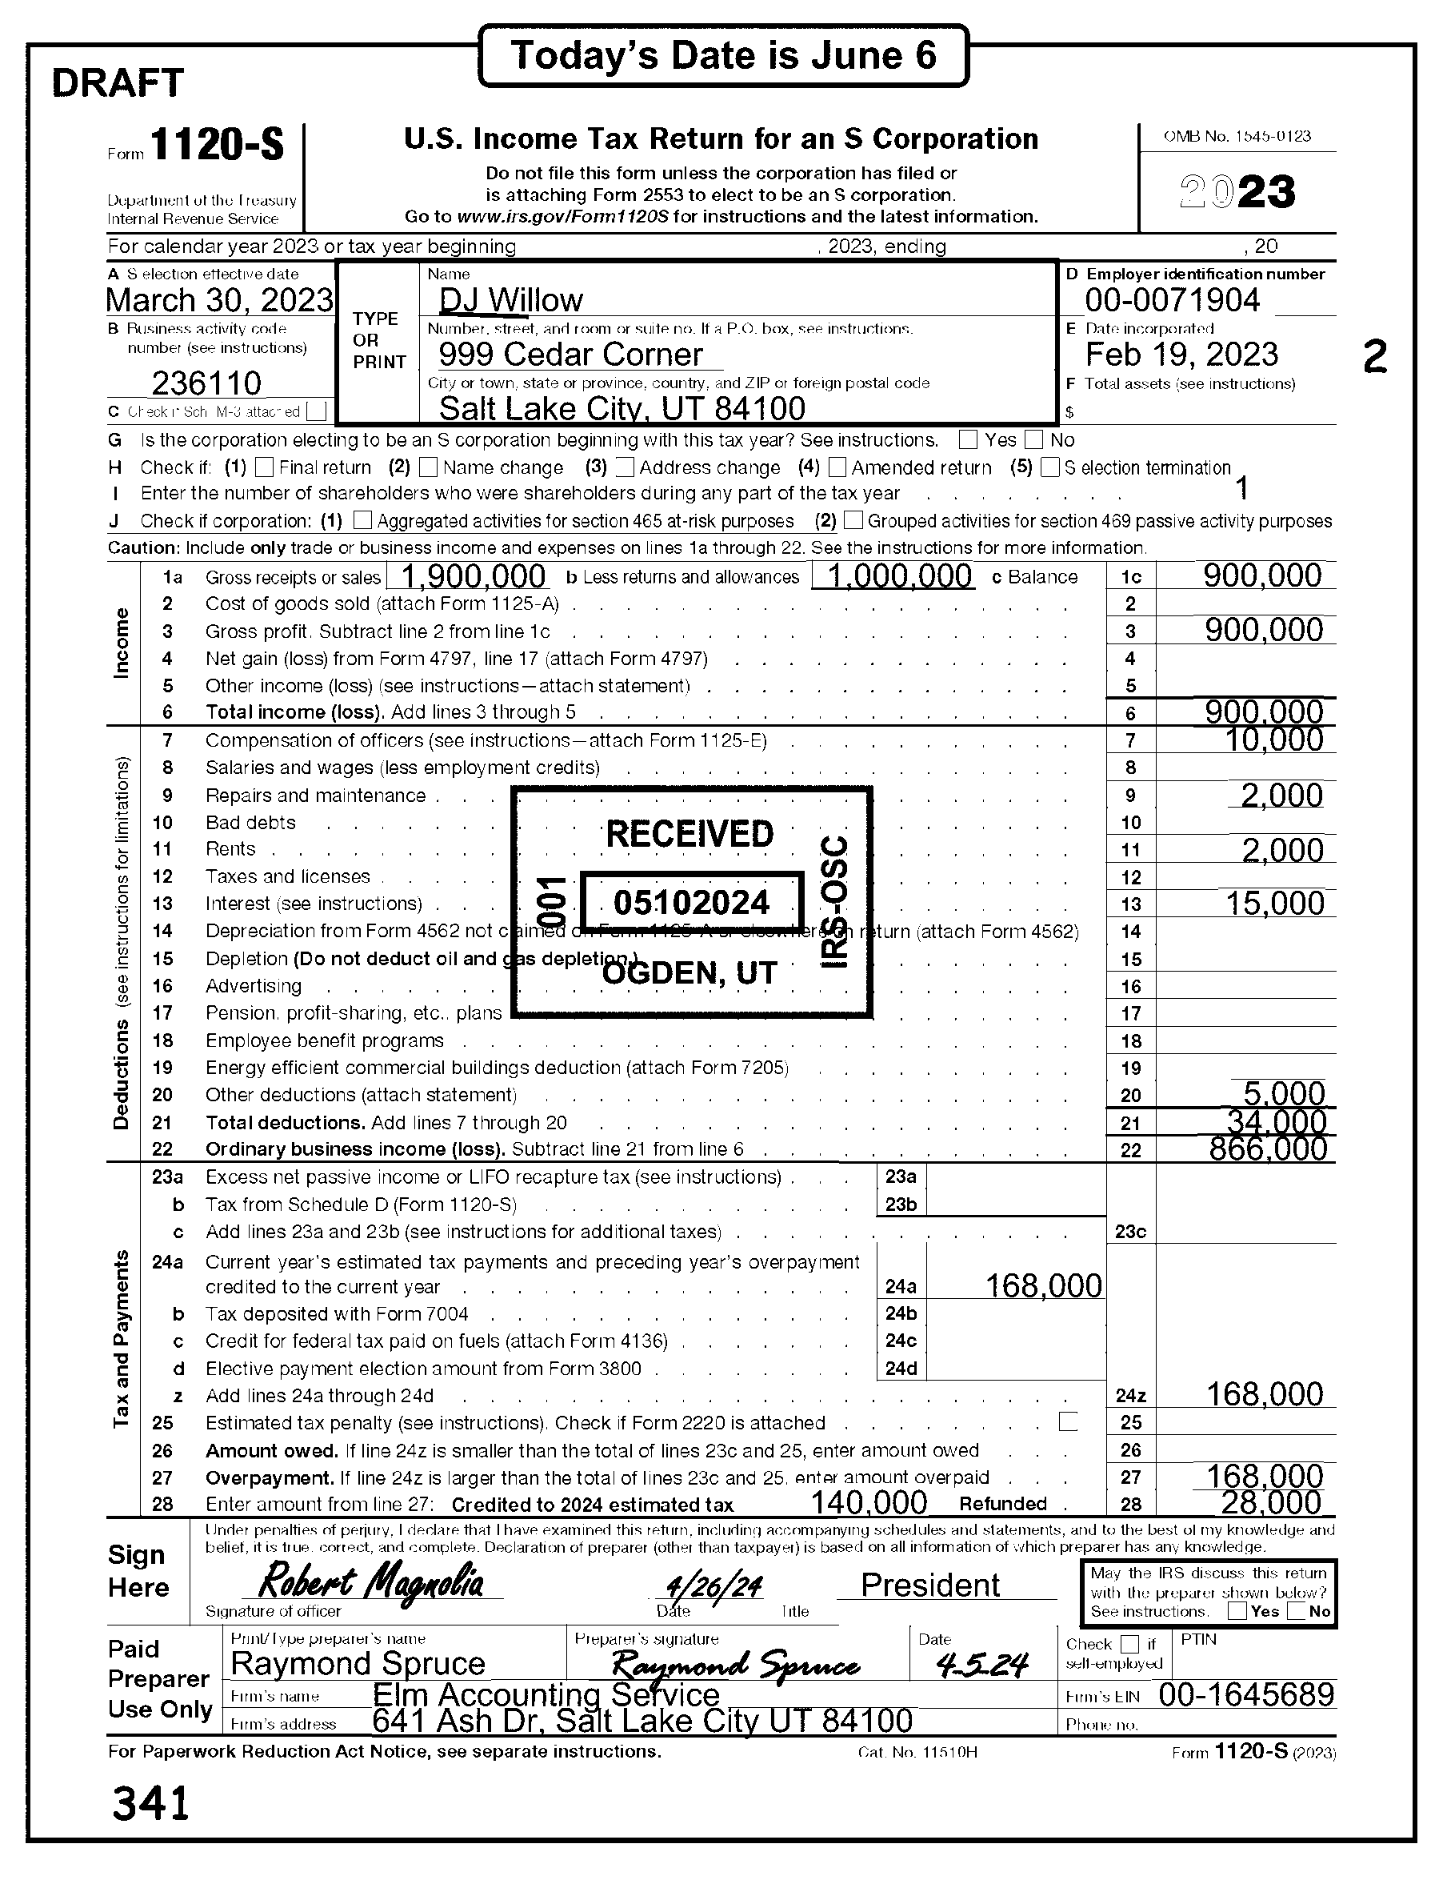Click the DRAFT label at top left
(x=118, y=83)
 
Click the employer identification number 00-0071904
(x=1172, y=301)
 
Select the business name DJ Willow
(x=511, y=301)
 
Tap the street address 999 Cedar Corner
(x=570, y=355)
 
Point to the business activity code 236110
(x=206, y=383)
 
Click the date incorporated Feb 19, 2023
(x=1181, y=355)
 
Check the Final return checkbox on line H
(x=265, y=467)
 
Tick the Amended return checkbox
(x=838, y=467)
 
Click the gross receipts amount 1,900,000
(x=473, y=577)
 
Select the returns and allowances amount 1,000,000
(x=901, y=577)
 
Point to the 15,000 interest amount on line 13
(x=1274, y=904)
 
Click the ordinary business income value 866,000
(x=1269, y=1149)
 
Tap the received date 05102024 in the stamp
(x=692, y=903)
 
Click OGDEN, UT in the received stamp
(x=690, y=973)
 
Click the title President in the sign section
(x=930, y=1585)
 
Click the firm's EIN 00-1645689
(x=1246, y=1694)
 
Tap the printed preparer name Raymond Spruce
(x=358, y=1664)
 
